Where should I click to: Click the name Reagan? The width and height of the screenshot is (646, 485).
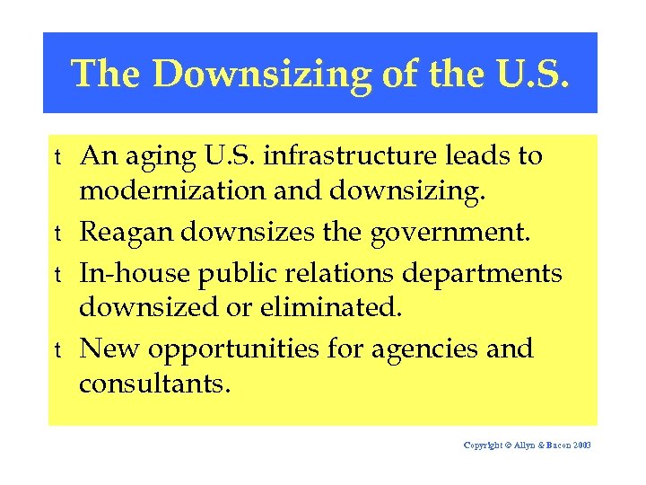tap(127, 234)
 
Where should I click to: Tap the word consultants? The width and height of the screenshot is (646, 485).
tap(154, 384)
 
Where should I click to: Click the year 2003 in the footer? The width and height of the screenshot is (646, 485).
tap(581, 445)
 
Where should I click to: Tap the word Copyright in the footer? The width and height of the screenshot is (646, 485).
tap(484, 445)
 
